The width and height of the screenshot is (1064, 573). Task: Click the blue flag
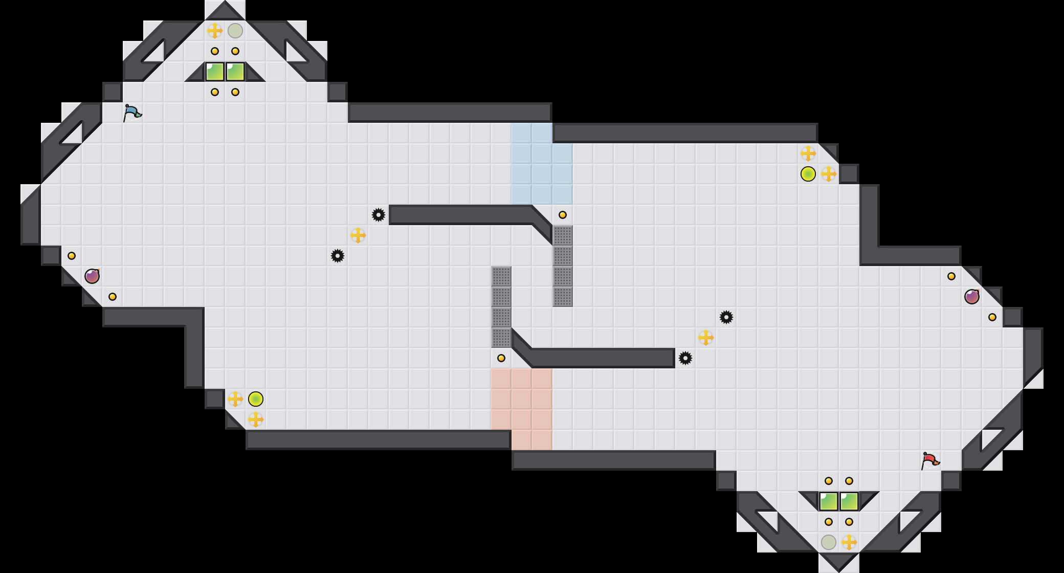tap(132, 113)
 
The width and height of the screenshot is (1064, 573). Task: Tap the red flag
tap(930, 460)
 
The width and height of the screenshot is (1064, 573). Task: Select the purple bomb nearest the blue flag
tap(92, 276)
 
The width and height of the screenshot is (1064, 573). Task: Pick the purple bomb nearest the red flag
tap(972, 297)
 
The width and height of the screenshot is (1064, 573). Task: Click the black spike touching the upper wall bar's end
tap(379, 215)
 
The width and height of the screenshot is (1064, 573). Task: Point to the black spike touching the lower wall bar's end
tap(685, 358)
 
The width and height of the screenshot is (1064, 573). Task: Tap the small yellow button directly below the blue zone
tap(563, 215)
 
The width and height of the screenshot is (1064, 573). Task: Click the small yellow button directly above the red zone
tap(501, 358)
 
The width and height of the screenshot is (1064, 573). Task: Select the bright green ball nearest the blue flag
tap(256, 399)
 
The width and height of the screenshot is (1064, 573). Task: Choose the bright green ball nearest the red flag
tap(808, 174)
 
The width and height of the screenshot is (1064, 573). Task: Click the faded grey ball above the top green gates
tap(235, 31)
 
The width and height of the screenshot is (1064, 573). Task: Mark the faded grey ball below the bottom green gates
tap(829, 542)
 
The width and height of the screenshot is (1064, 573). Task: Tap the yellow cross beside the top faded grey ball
tap(215, 31)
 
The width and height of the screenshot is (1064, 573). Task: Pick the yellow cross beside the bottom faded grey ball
tap(849, 542)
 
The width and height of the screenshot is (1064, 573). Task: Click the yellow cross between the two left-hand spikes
tap(358, 235)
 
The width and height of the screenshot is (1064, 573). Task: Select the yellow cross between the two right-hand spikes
tap(706, 338)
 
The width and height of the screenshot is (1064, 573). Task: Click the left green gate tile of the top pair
tap(215, 72)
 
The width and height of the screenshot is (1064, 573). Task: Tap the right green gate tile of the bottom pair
tap(849, 501)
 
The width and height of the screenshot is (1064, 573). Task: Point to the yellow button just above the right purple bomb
tap(951, 276)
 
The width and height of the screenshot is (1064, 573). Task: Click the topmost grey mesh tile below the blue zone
tap(563, 235)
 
